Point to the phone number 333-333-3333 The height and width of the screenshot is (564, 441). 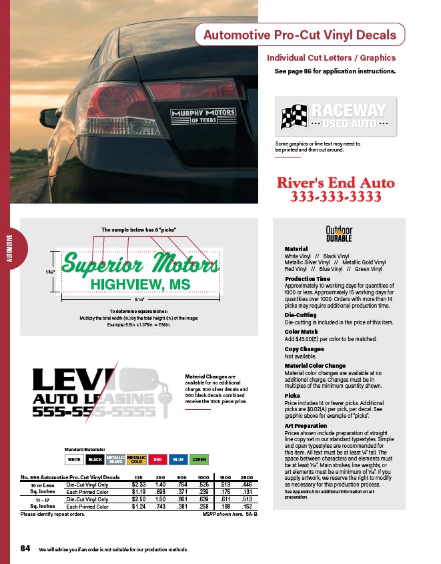point(335,197)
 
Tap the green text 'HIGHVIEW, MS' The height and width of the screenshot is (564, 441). point(140,284)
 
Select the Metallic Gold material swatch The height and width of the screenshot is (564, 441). point(137,459)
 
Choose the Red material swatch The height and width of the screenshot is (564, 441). point(157,459)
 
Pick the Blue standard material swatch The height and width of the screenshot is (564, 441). point(178,459)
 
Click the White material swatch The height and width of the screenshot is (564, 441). point(75,459)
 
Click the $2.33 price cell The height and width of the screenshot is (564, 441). point(139,484)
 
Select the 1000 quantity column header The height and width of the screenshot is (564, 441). point(203,477)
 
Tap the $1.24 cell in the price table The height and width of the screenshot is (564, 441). point(139,507)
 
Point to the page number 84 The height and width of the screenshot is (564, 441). point(25,549)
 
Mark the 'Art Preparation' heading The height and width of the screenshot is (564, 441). point(306,425)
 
